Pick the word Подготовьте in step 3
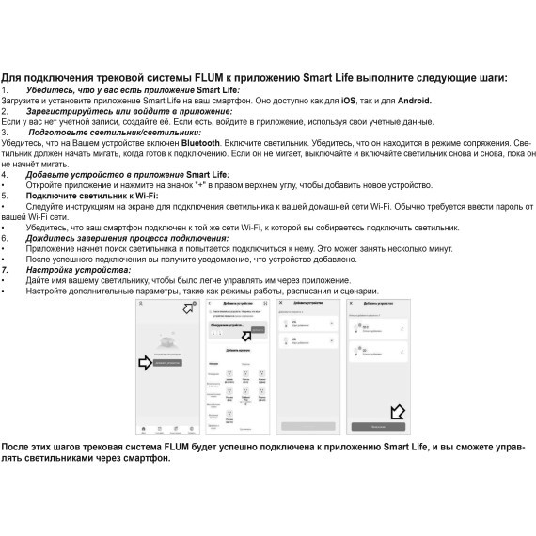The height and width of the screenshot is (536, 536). coord(57,132)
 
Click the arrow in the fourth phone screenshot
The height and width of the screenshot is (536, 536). coord(396,412)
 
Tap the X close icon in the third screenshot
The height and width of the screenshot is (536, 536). coord(280,304)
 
